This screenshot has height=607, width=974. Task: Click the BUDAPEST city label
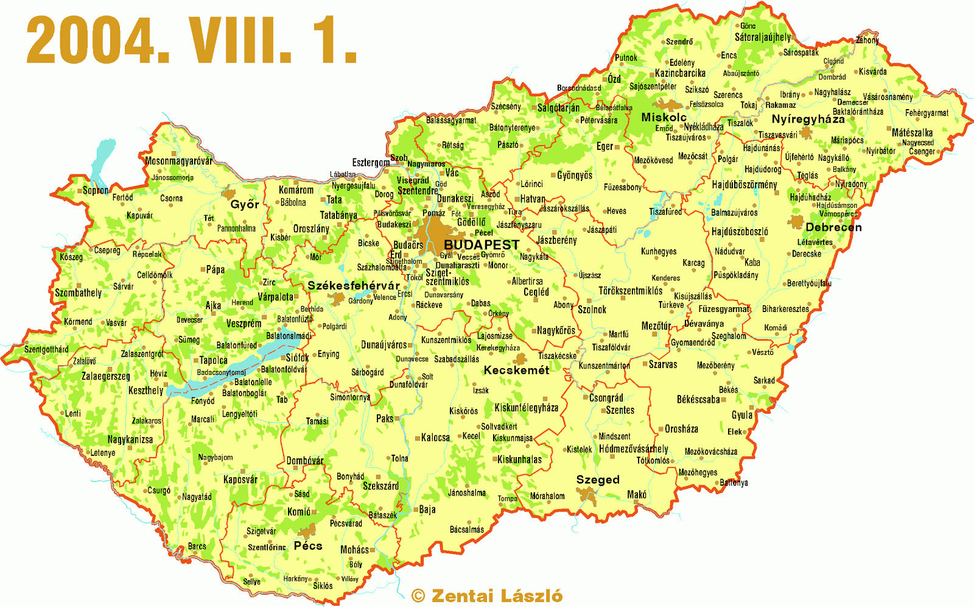[482, 245]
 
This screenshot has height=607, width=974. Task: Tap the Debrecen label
[833, 227]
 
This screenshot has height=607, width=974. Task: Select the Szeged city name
[598, 480]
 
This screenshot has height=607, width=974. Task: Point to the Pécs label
[308, 546]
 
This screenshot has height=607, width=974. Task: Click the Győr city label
[245, 205]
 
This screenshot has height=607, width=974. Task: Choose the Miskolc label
[664, 118]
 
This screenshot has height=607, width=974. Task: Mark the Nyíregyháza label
[808, 119]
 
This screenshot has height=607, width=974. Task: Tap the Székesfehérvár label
[354, 286]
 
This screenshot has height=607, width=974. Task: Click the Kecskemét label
[516, 371]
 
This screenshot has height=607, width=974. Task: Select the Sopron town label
[96, 191]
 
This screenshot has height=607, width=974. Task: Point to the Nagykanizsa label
[130, 439]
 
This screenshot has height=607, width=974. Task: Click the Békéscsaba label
[698, 400]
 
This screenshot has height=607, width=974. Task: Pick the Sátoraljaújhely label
[763, 37]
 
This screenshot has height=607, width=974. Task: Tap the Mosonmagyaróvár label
[179, 162]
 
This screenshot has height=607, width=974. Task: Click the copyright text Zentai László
[487, 596]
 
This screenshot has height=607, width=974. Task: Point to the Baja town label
[427, 509]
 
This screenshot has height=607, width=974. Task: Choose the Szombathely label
[79, 293]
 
